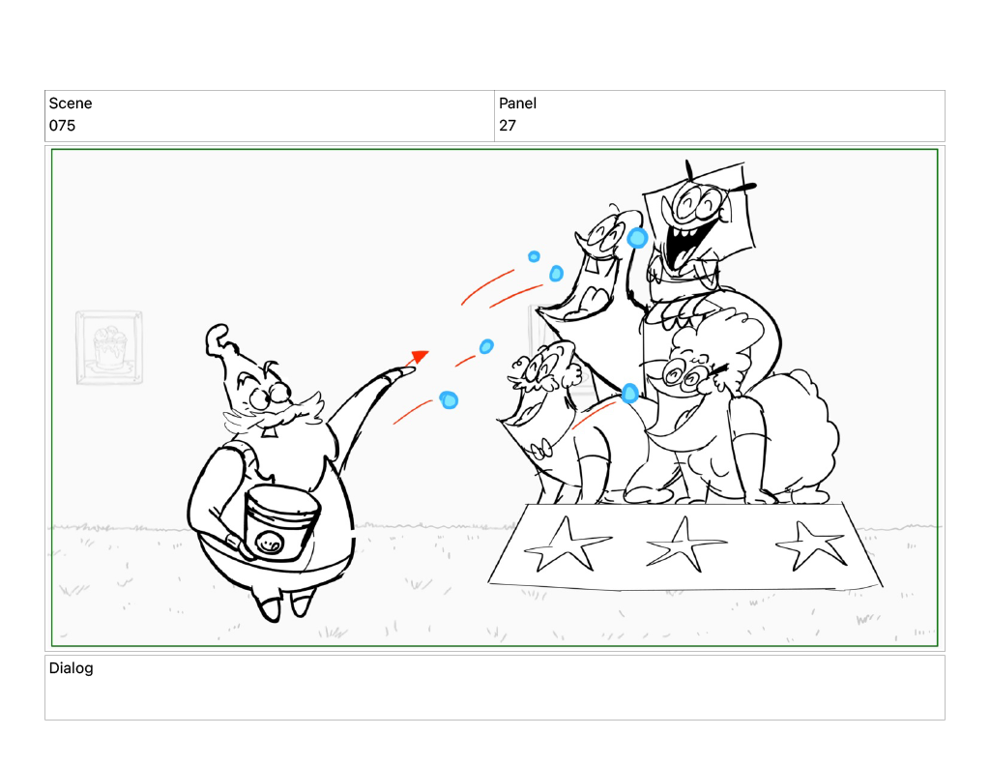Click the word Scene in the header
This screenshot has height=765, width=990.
70,103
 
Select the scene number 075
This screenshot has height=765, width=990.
62,126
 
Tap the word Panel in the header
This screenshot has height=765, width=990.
517,103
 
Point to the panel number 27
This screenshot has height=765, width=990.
507,126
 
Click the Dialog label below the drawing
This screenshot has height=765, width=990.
71,668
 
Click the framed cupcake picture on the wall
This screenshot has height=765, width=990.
109,347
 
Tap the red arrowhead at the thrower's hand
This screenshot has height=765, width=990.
420,357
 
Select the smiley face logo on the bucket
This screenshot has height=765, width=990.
270,543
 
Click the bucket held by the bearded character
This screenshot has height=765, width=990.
281,522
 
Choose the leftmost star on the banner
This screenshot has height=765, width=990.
566,545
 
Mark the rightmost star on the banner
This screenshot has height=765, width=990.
811,544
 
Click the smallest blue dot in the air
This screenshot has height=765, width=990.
534,256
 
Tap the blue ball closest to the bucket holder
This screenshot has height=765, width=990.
449,399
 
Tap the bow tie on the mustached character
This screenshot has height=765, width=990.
541,451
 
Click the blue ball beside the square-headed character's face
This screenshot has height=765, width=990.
637,238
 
